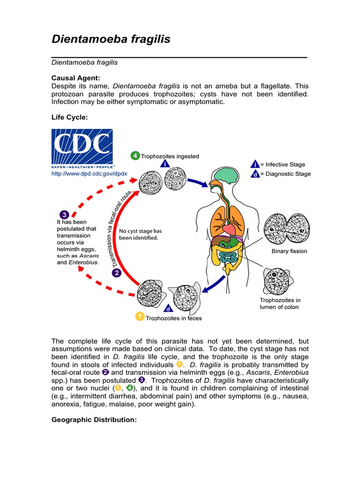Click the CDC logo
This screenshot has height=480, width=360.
[x=82, y=149]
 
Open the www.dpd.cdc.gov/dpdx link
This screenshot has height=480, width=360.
[x=89, y=174]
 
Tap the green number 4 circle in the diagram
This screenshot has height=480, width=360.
[x=135, y=156]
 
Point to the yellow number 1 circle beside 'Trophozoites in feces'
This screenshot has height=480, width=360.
[x=140, y=317]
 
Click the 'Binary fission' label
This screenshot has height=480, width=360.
[x=289, y=251]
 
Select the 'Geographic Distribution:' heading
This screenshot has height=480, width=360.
[x=94, y=420]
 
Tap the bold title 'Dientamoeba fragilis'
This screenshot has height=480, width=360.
[x=111, y=39]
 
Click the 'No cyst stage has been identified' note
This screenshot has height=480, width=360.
[x=141, y=234]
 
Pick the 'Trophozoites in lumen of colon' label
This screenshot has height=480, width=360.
[x=280, y=303]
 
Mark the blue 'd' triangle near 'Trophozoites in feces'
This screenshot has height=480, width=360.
[x=167, y=308]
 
